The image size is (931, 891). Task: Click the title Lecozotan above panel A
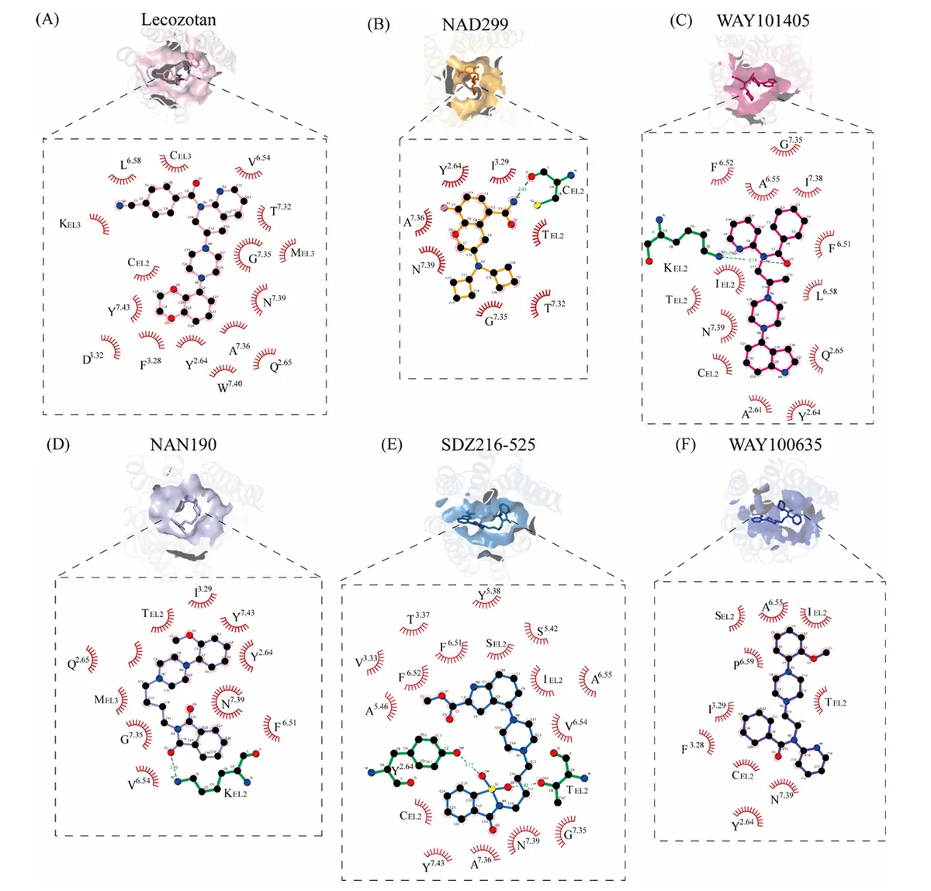point(178,20)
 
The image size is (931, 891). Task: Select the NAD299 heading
point(475,25)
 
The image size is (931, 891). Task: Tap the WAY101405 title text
point(763,21)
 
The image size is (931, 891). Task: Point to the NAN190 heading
point(183,445)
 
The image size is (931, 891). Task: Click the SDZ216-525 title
point(488,445)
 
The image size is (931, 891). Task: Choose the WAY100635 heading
point(775,445)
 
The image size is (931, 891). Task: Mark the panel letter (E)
point(393,445)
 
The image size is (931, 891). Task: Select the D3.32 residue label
point(93,359)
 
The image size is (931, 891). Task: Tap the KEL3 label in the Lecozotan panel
point(70,224)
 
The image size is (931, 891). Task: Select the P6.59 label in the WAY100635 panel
point(743,664)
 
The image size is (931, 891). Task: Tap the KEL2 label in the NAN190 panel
point(235,793)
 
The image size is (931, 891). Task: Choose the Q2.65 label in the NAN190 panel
point(78,662)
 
